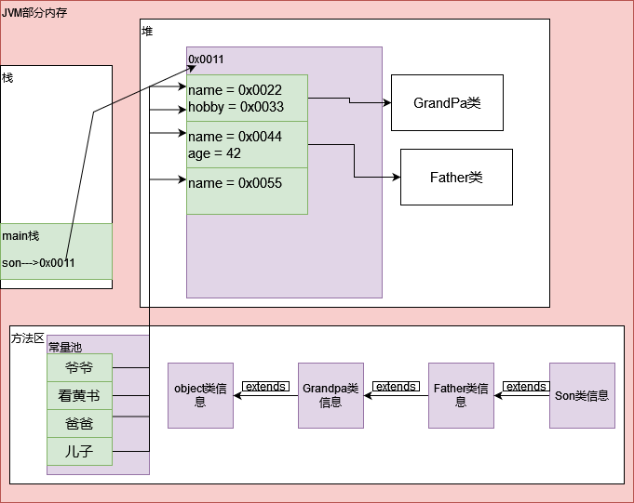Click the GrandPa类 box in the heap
(447, 102)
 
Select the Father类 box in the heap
(456, 177)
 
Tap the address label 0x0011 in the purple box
(206, 60)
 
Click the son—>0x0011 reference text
(38, 263)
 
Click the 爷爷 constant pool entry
(79, 367)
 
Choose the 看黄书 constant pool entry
(79, 395)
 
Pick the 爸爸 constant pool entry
(79, 423)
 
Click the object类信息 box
(200, 395)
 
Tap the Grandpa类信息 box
(330, 395)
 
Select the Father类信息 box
(461, 395)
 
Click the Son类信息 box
(582, 395)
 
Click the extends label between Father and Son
(526, 387)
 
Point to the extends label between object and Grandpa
(265, 387)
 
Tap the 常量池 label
(65, 346)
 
